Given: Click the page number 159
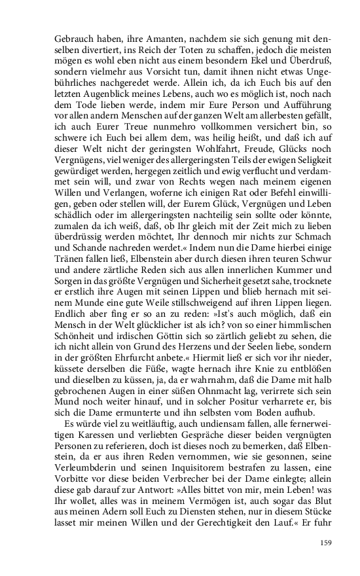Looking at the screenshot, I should [x=326, y=543].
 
